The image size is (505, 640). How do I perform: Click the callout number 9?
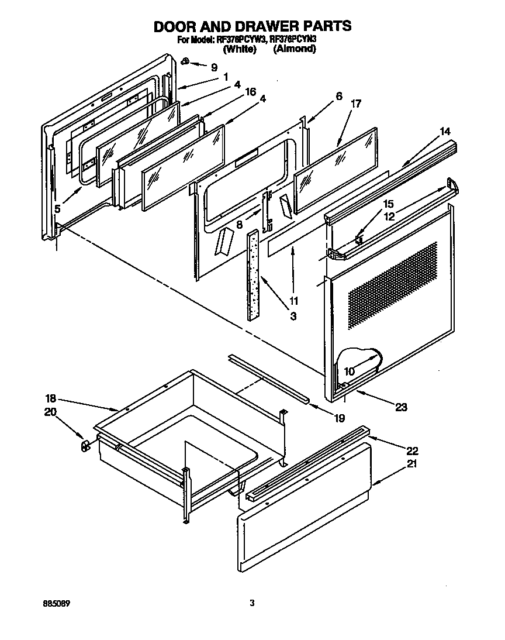pos(214,67)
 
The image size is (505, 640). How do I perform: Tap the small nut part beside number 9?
pos(185,61)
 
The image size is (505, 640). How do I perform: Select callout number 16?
pos(251,92)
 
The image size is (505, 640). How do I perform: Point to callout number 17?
pos(355,104)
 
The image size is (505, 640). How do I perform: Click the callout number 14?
pos(445,132)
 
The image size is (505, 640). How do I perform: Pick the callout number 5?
pos(57,208)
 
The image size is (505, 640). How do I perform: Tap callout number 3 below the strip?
pos(292,316)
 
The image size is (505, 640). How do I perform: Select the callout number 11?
pos(293,301)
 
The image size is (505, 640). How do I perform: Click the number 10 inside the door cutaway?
pos(350,371)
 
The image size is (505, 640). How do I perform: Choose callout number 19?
pos(340,418)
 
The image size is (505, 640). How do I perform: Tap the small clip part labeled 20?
pos(85,446)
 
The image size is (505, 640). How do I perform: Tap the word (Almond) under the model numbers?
pos(295,49)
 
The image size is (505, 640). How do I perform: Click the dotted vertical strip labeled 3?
pos(252,274)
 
